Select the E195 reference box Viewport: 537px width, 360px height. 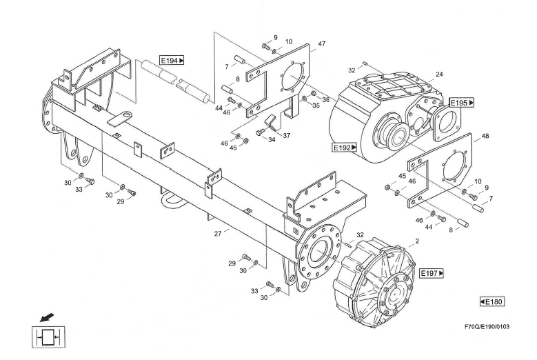462,103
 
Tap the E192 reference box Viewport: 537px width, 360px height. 345,147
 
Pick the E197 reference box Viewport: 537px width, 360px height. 432,274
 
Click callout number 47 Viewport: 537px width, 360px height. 321,44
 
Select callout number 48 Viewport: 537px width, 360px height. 485,136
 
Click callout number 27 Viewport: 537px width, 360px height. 218,234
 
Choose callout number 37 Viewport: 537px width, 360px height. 286,136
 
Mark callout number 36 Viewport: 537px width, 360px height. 325,100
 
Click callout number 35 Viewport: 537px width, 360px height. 316,106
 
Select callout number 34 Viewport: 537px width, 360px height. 272,140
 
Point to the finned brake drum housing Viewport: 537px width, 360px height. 372,276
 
